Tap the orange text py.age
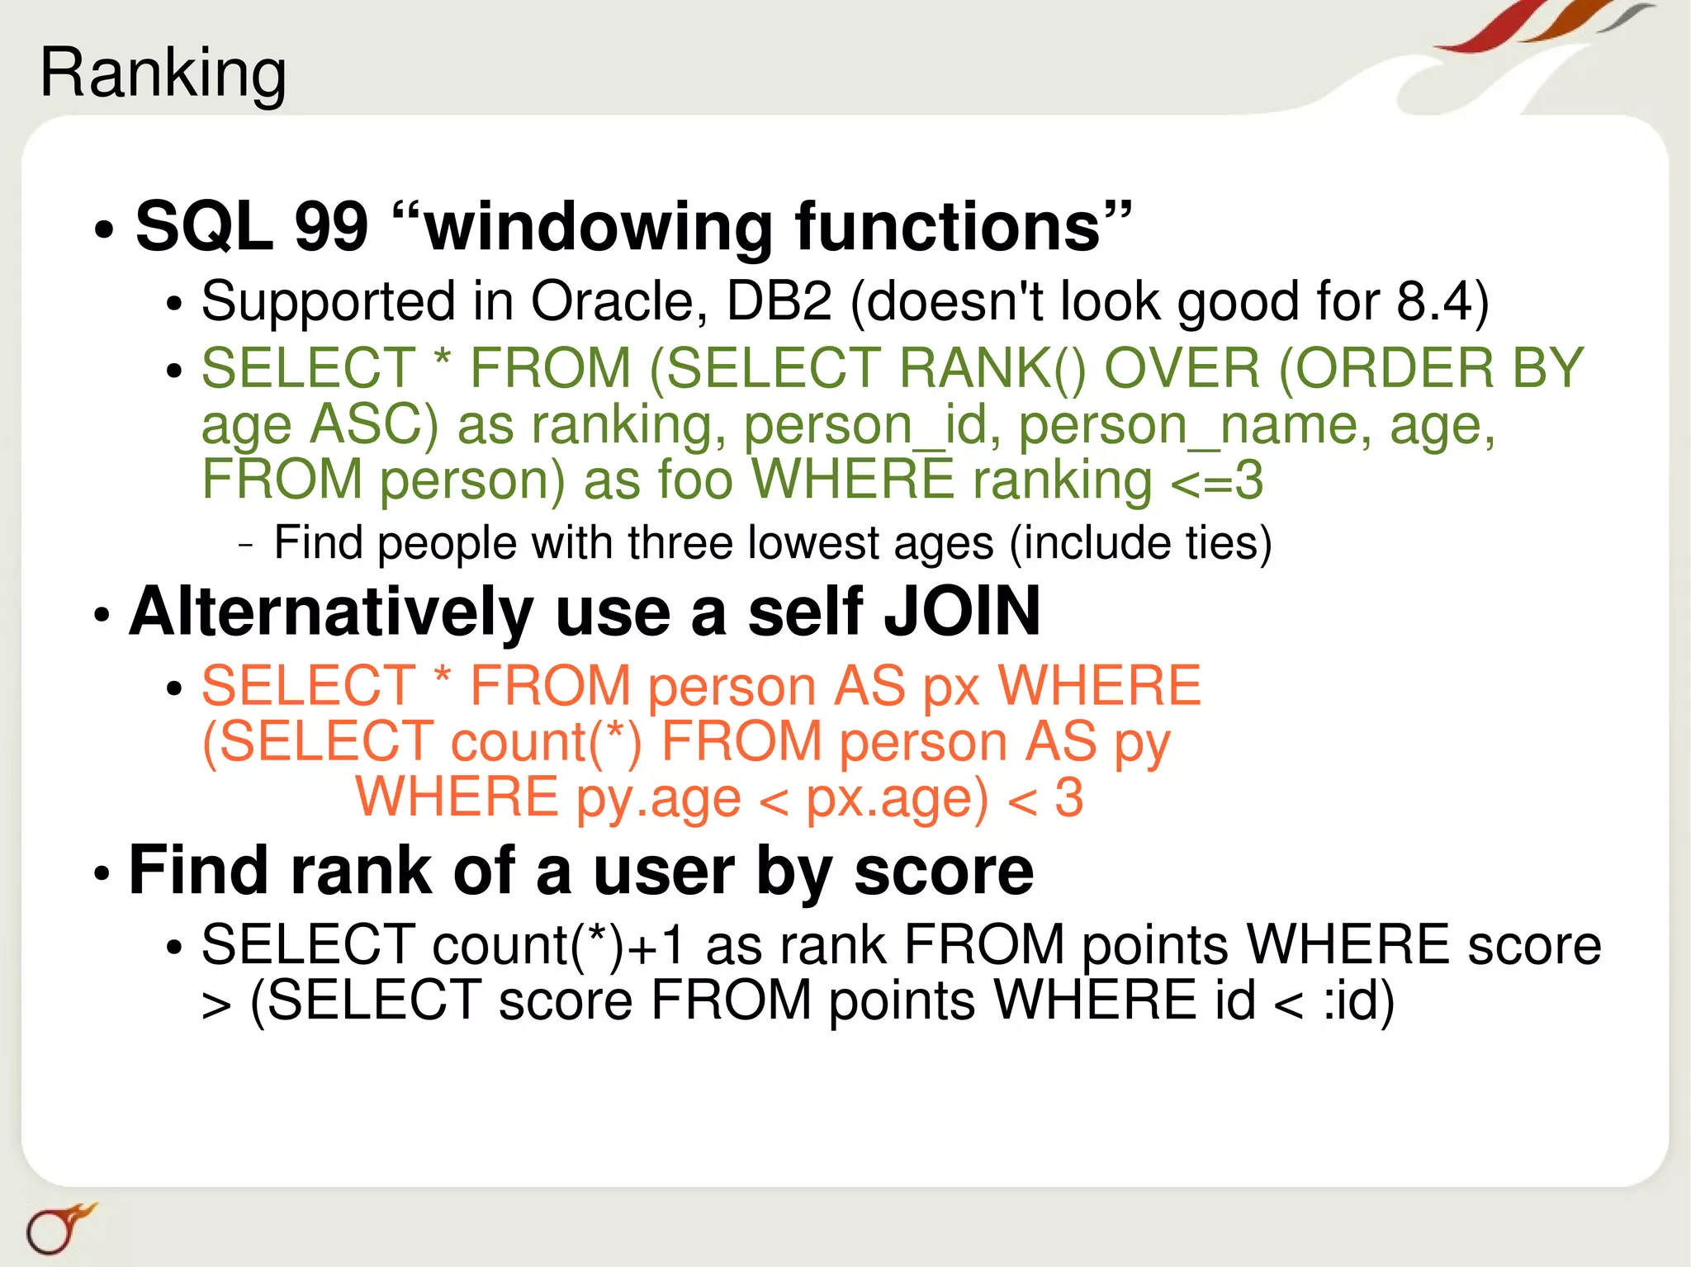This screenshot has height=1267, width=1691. [658, 798]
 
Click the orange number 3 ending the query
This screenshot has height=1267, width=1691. [1068, 798]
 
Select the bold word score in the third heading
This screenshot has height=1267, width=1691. [943, 872]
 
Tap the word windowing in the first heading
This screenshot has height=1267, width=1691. [597, 227]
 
